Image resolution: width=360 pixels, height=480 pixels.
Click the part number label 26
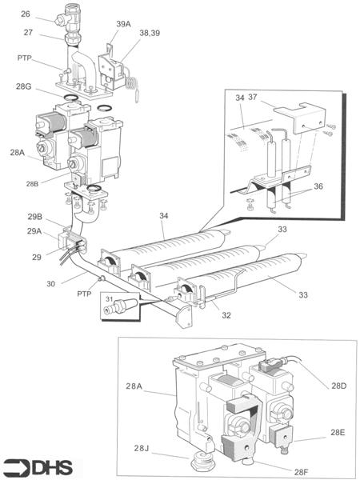click(x=26, y=14)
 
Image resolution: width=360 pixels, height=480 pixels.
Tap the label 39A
click(x=123, y=24)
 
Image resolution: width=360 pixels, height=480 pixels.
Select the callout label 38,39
click(x=150, y=33)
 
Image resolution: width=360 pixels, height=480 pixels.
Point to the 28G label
click(x=24, y=86)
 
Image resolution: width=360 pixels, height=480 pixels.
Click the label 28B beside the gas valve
click(x=32, y=184)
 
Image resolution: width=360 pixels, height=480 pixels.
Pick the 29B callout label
click(x=35, y=217)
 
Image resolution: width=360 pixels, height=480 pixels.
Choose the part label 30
click(x=51, y=284)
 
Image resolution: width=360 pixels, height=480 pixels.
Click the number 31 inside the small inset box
click(x=110, y=298)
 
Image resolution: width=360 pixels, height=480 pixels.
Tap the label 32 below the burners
click(x=226, y=315)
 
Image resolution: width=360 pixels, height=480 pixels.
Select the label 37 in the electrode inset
click(x=253, y=97)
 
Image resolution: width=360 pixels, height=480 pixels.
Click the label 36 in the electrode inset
click(x=318, y=186)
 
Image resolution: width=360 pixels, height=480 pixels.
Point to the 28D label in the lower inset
click(x=339, y=386)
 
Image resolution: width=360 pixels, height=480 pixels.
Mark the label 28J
click(x=141, y=448)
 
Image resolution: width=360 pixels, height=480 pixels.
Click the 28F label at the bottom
click(x=302, y=472)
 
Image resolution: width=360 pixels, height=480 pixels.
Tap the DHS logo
click(x=37, y=467)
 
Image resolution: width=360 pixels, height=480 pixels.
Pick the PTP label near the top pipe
click(x=25, y=58)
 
